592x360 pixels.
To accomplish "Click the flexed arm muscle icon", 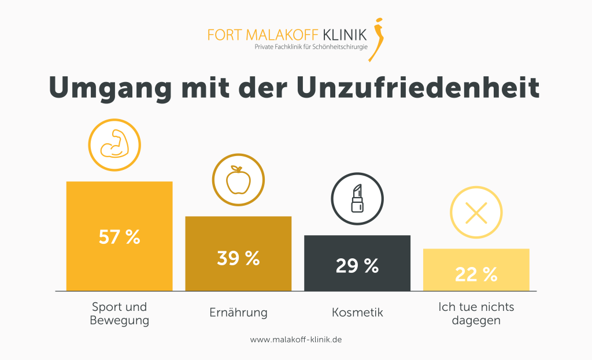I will tap(114, 144).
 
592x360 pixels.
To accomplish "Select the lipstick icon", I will tap(357, 199).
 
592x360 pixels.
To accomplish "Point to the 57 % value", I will tap(119, 237).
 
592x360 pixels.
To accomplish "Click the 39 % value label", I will tap(238, 258).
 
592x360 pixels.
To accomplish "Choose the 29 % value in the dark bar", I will tap(357, 266).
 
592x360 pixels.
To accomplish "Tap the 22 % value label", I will tap(476, 275).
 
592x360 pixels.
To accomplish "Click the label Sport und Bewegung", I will tap(119, 313).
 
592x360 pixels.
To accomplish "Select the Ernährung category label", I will tap(238, 313).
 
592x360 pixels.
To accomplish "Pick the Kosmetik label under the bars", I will tap(357, 313).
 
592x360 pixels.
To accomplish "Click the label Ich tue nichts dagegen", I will tap(476, 313).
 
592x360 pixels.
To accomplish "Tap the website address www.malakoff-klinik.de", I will tap(296, 340).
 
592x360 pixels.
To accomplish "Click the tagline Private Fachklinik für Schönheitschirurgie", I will tap(311, 46).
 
